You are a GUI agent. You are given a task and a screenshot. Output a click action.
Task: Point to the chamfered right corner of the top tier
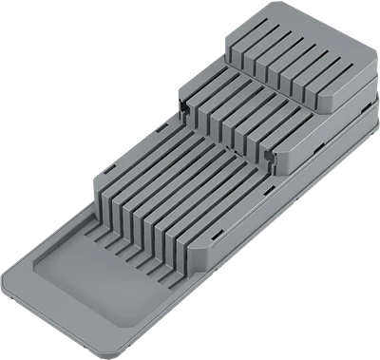pos(367,82)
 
